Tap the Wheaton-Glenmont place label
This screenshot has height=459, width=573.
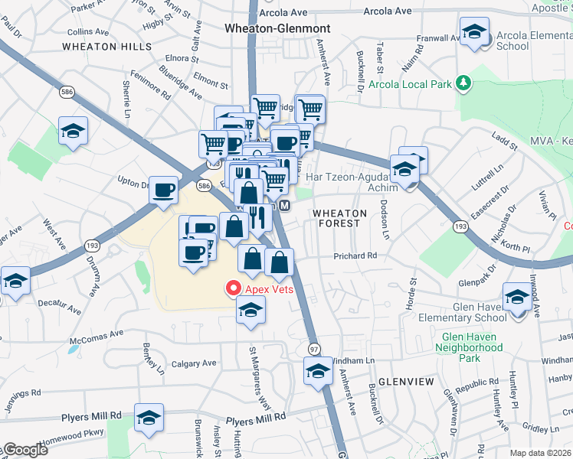277,28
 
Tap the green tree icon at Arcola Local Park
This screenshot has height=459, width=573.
463,83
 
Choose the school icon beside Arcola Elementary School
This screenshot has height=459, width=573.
474,32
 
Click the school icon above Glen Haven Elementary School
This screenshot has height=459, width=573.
517,296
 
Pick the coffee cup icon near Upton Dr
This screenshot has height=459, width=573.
164,190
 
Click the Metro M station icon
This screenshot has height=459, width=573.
284,206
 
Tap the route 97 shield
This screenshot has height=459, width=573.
313,348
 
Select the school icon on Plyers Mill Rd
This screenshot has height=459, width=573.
149,417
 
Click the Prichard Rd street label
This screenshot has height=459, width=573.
355,256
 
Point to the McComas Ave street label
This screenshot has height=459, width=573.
96,334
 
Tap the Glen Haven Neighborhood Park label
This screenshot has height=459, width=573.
470,347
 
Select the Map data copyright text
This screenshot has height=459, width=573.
541,453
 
